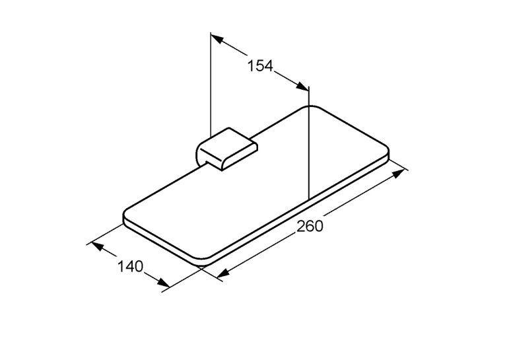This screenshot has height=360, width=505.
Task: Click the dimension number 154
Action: (x=260, y=66)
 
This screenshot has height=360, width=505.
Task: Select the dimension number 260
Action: (x=310, y=226)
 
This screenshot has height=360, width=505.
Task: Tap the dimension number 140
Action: (x=130, y=267)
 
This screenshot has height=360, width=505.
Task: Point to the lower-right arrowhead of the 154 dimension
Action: (x=303, y=86)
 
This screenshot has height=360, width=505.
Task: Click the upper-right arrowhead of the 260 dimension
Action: (x=399, y=173)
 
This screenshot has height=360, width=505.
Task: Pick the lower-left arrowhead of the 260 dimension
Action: (x=223, y=273)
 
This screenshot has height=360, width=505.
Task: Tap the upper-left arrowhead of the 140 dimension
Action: (x=97, y=246)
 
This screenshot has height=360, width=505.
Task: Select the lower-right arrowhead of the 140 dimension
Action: (x=163, y=282)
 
